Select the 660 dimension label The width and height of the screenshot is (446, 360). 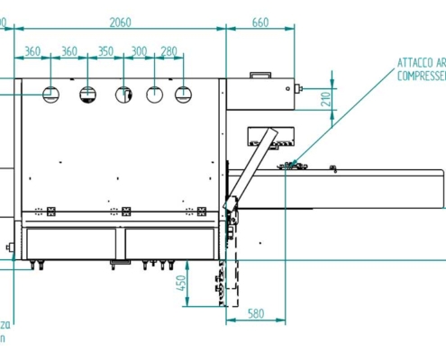click(260, 22)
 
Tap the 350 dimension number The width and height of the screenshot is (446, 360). click(105, 52)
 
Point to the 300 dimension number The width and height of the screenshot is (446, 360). click(139, 52)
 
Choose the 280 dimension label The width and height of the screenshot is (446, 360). click(168, 52)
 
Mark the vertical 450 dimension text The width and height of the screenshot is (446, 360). click(180, 286)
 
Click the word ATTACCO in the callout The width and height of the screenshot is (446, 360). click(416, 64)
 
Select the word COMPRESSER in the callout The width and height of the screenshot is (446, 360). click(420, 76)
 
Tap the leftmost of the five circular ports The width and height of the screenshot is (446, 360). click(51, 93)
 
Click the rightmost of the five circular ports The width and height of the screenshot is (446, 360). click(184, 93)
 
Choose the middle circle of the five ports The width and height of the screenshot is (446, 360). click(123, 94)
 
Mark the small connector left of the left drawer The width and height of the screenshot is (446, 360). click(10, 246)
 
